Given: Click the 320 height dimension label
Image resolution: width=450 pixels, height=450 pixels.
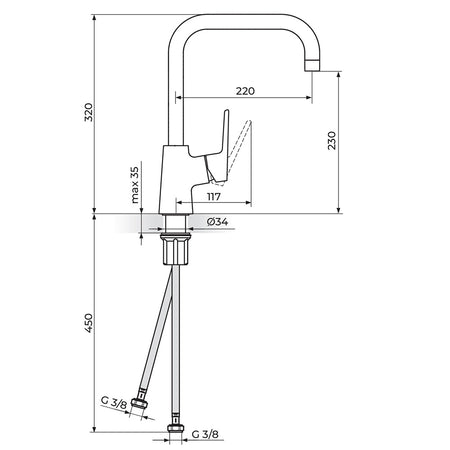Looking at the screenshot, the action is pos(89,112).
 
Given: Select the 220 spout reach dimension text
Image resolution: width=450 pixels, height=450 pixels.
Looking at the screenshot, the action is pos(245,91).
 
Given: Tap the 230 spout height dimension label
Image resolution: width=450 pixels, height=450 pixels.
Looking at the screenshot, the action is pos(332,140).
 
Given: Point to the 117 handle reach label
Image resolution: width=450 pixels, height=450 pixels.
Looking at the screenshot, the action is pos(214,197).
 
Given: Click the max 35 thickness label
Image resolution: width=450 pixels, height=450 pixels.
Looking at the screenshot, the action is pos(135,185).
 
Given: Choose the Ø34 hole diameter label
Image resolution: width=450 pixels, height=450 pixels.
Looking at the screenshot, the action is pos(217,221).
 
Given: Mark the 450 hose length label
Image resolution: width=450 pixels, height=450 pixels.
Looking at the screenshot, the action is pos(89,322).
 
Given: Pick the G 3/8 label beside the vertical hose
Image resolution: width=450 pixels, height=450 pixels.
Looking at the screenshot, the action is pos(205,434).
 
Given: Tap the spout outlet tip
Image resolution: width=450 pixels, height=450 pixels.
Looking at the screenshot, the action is pos(313,65).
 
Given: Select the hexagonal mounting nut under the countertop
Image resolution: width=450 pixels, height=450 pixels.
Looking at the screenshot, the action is pos(175,249).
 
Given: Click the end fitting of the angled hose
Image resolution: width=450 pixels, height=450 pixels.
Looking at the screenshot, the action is pos(140,403).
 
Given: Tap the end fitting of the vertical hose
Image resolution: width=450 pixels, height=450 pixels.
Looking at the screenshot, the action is pos(175,428).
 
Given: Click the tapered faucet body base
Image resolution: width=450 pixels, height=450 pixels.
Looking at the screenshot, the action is pos(175,180).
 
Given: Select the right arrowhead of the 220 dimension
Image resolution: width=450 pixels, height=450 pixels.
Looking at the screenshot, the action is pos(309,97).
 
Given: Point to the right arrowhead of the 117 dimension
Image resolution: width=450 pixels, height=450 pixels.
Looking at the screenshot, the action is pos(248,202).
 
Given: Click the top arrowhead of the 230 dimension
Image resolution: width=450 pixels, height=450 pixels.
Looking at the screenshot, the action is pos(339,74).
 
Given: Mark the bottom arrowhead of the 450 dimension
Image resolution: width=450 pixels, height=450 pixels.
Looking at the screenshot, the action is pos(94,429).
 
